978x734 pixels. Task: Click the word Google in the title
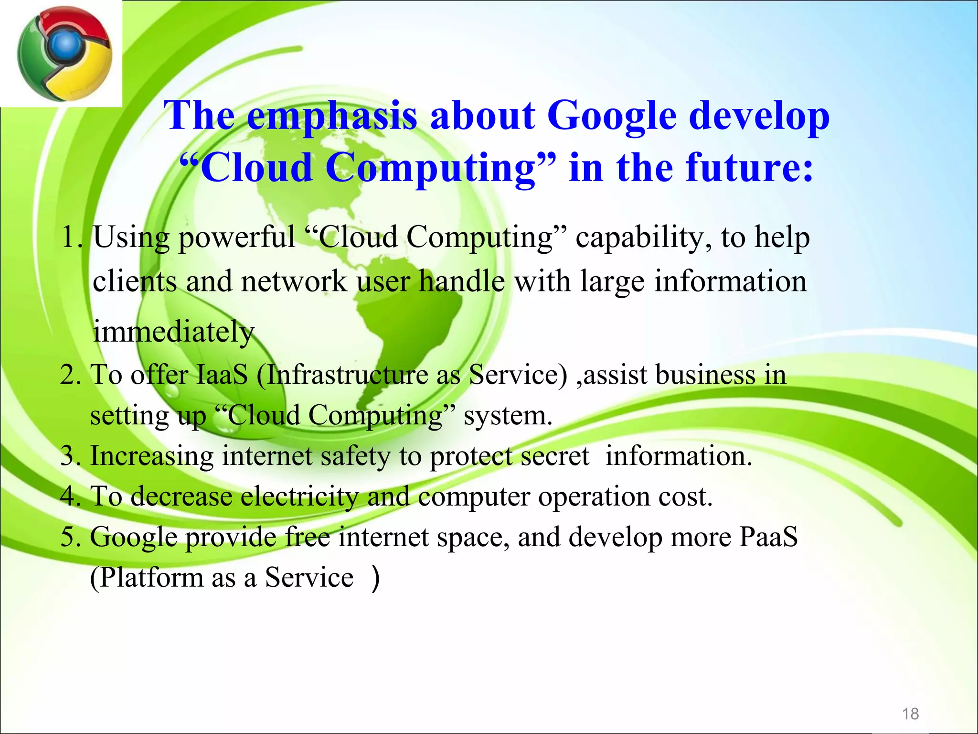click(x=612, y=116)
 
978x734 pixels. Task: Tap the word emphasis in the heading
click(x=332, y=116)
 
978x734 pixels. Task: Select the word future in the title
click(x=740, y=168)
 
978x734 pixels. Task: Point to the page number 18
click(x=910, y=714)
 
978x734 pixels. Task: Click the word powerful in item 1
click(x=237, y=237)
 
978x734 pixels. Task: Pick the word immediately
click(x=173, y=332)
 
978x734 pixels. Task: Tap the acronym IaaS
click(x=222, y=375)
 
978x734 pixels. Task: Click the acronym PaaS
click(x=768, y=537)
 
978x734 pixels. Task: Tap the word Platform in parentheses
click(x=152, y=578)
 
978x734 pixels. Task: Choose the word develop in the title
click(x=759, y=116)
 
